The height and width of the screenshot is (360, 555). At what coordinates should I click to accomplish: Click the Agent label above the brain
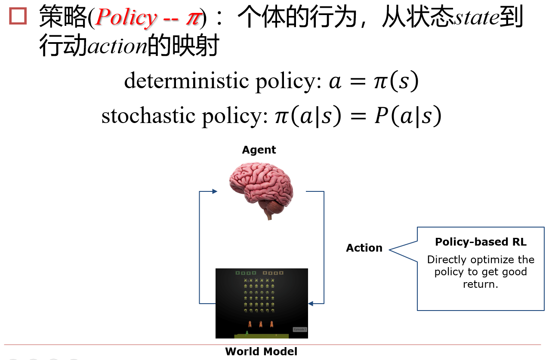pyautogui.click(x=259, y=150)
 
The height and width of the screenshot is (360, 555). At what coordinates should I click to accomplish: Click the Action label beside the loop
pyautogui.click(x=364, y=248)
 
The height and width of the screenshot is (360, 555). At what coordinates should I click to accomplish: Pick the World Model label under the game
pyautogui.click(x=261, y=351)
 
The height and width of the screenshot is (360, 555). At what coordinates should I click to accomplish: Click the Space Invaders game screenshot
pyautogui.click(x=262, y=303)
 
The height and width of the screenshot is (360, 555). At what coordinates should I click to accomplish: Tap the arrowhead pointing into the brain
pyautogui.click(x=214, y=192)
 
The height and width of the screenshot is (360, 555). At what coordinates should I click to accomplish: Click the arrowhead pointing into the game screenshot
pyautogui.click(x=311, y=304)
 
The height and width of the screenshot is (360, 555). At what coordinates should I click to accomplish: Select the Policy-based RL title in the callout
pyautogui.click(x=481, y=242)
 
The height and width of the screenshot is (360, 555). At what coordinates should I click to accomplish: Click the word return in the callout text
pyautogui.click(x=480, y=284)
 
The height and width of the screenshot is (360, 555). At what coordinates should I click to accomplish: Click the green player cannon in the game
pyautogui.click(x=247, y=332)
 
